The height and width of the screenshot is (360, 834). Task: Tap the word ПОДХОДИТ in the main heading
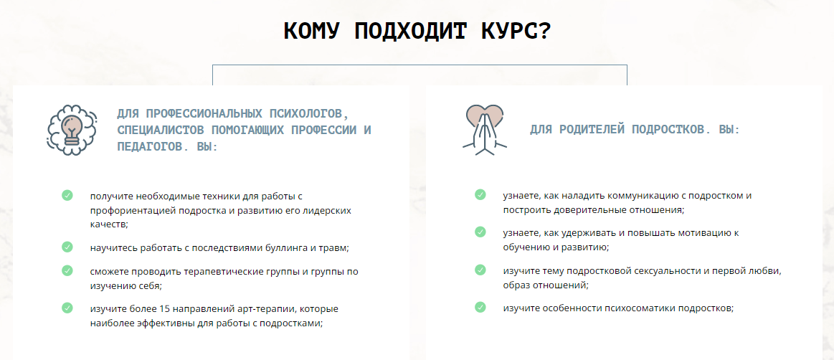pyautogui.click(x=404, y=32)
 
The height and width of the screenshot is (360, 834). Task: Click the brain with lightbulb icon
pyautogui.click(x=72, y=130)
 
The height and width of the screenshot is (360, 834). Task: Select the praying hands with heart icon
pyautogui.click(x=484, y=130)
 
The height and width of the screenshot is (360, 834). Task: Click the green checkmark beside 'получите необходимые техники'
pyautogui.click(x=67, y=195)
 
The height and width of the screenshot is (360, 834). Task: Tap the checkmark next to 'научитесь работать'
pyautogui.click(x=67, y=247)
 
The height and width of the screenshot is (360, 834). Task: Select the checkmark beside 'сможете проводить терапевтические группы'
pyautogui.click(x=67, y=270)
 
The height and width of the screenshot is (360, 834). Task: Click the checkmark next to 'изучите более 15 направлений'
pyautogui.click(x=67, y=308)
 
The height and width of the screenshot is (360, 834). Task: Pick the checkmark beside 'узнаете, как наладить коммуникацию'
pyautogui.click(x=480, y=194)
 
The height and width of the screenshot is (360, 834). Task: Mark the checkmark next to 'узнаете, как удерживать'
pyautogui.click(x=480, y=232)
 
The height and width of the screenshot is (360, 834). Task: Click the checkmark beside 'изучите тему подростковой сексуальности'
pyautogui.click(x=480, y=270)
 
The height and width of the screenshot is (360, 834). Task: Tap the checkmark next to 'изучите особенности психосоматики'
pyautogui.click(x=480, y=308)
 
